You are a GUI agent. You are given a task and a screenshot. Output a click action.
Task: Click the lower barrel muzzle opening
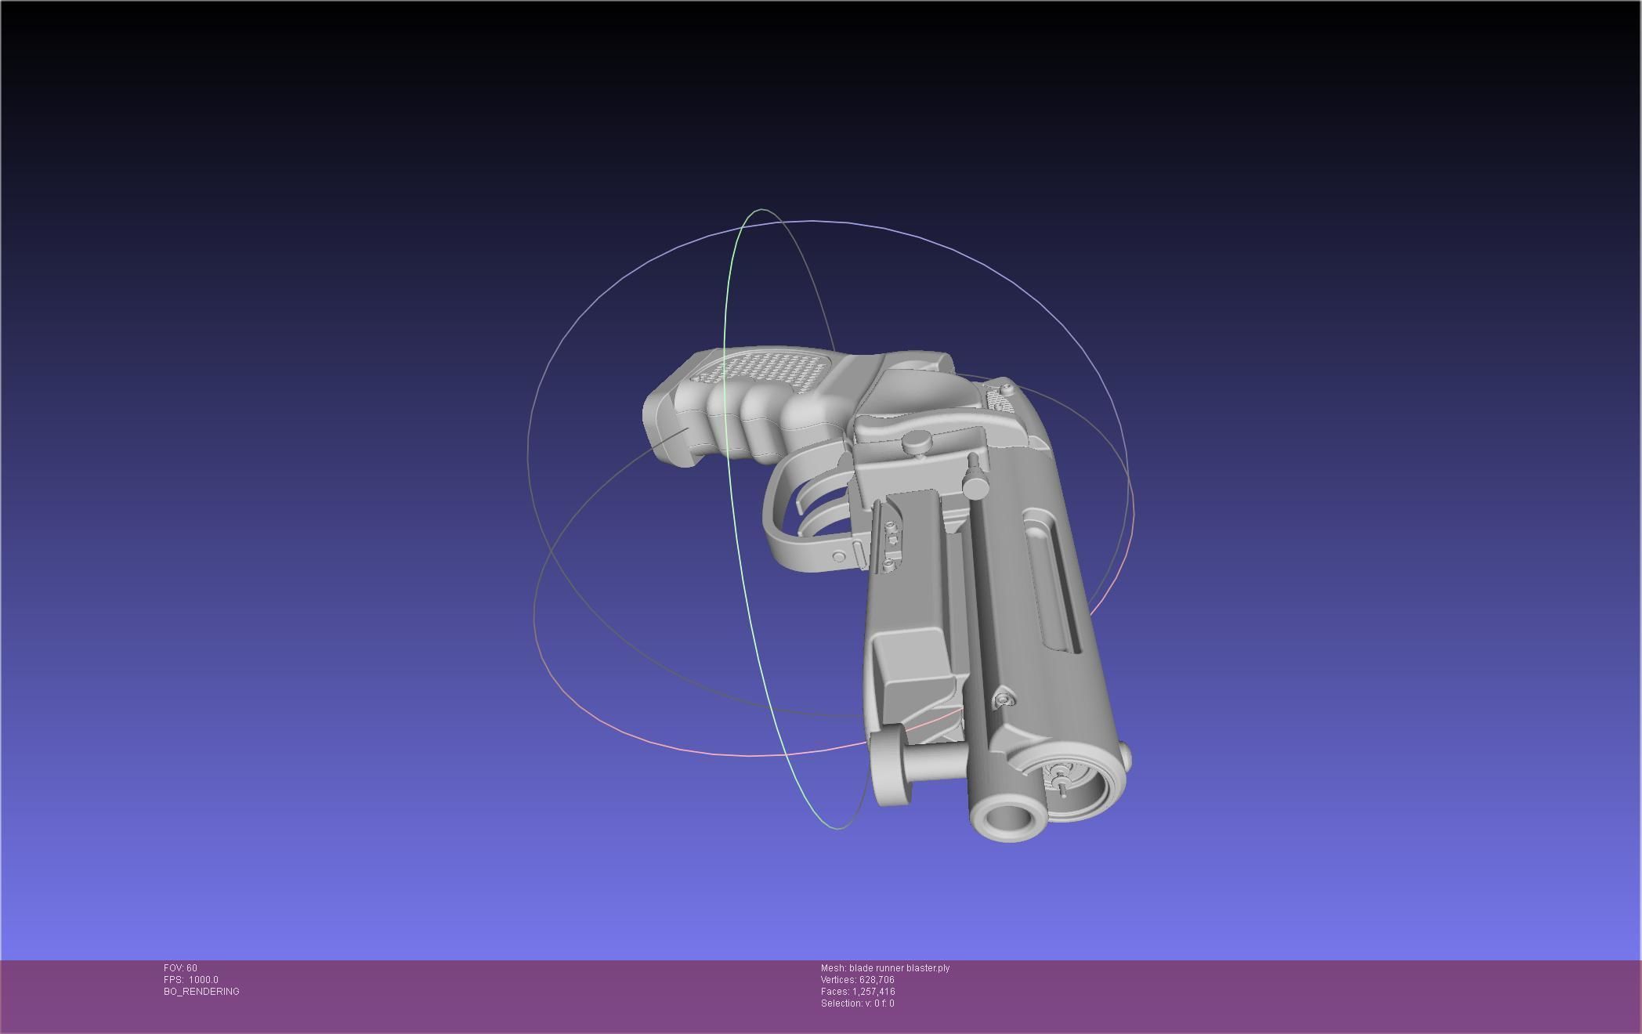point(1008,819)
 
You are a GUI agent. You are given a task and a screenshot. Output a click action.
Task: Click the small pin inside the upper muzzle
point(1062,780)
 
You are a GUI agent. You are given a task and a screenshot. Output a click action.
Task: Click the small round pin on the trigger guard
point(838,557)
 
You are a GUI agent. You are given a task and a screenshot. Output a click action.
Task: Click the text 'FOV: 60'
point(180,968)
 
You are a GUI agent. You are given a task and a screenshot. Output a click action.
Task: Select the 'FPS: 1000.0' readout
point(191,980)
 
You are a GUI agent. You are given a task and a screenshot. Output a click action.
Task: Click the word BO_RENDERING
point(201,992)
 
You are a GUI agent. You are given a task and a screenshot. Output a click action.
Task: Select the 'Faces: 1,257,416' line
point(857,992)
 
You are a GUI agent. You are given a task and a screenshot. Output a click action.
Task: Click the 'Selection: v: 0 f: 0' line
point(857,1003)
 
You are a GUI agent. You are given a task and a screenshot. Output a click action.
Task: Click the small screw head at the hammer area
point(1007,387)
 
